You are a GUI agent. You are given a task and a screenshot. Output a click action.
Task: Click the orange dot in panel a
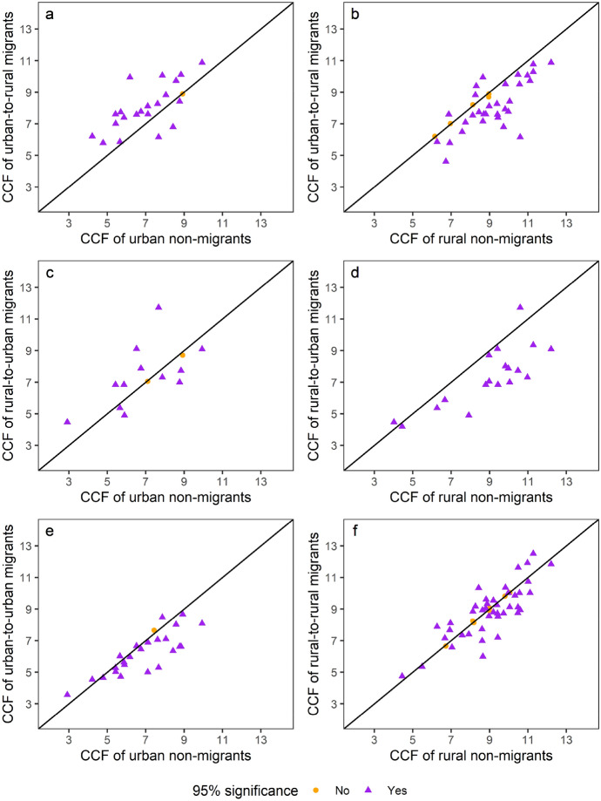coord(182,94)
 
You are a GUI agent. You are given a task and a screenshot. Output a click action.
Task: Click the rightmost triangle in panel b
coord(551,62)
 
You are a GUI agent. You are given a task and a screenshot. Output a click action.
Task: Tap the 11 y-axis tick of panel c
coord(26,319)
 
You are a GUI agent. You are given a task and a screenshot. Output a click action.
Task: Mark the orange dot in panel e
coord(153,630)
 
